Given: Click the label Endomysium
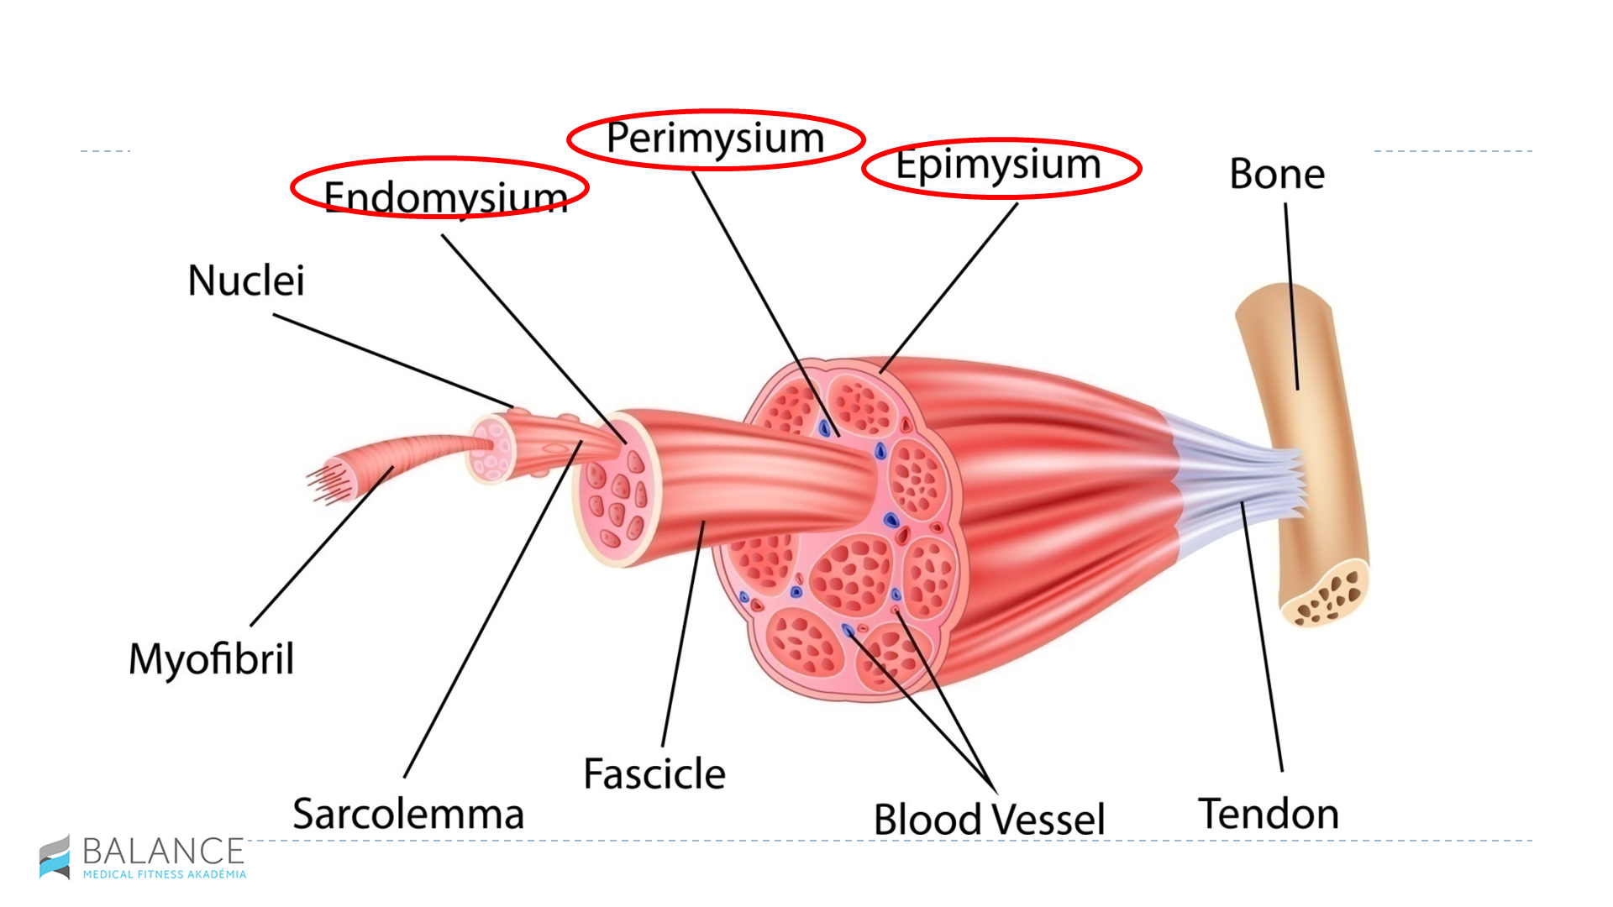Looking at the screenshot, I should [x=445, y=197].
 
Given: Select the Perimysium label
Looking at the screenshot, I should [x=715, y=139].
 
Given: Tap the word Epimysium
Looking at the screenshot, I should [x=998, y=165].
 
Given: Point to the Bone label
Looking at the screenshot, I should [x=1277, y=175].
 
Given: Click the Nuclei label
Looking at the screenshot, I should [x=245, y=280].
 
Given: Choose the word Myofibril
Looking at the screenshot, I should [x=211, y=659].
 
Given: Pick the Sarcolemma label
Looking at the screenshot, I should [x=408, y=814].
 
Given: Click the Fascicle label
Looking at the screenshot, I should [x=654, y=773].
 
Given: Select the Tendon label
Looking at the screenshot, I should [x=1269, y=814].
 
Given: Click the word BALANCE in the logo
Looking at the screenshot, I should [x=163, y=852].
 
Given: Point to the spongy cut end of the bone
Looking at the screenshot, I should [x=1327, y=597].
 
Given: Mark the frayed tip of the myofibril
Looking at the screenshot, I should [x=323, y=485].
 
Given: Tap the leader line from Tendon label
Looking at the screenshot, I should [x=1263, y=638].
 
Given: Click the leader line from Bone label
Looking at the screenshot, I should [x=1291, y=294].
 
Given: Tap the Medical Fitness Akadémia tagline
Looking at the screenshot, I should [x=165, y=874].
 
